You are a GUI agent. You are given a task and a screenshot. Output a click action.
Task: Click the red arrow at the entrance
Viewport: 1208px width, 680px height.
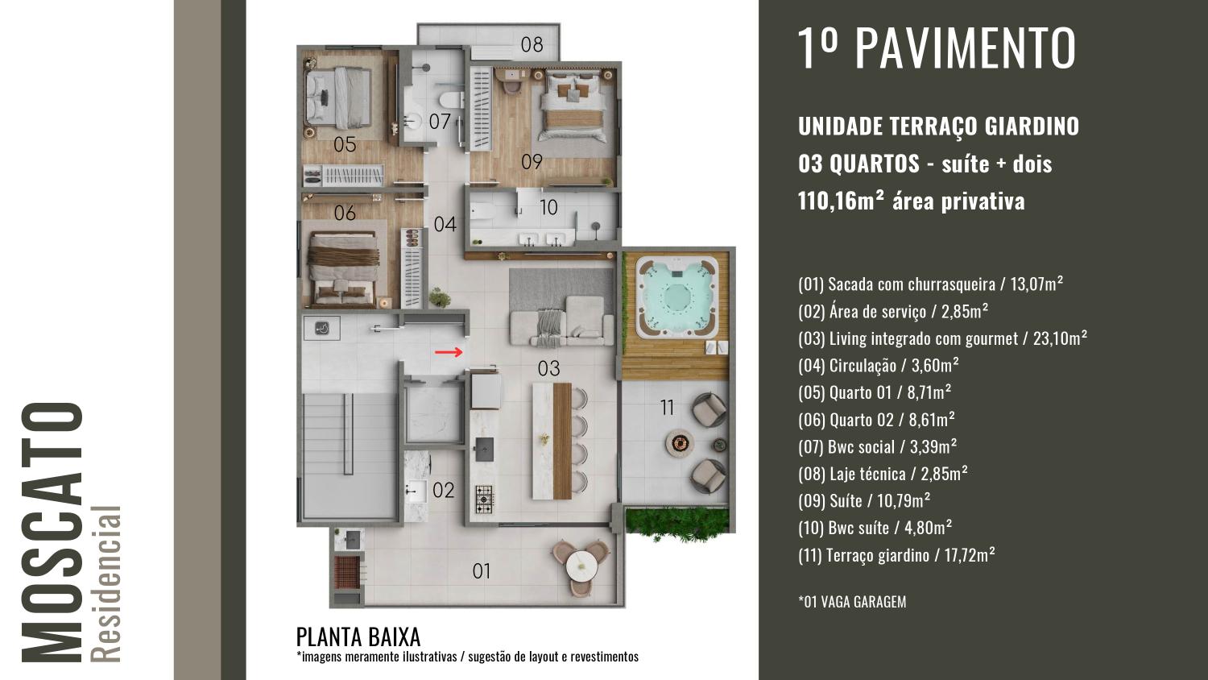[x=449, y=352]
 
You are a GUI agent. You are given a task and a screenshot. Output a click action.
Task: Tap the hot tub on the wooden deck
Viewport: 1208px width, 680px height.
[x=676, y=297]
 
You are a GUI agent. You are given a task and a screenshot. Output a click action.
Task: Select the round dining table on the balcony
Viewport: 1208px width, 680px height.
[x=581, y=567]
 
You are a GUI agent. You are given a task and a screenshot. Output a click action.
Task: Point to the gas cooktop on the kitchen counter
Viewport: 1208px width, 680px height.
[x=484, y=500]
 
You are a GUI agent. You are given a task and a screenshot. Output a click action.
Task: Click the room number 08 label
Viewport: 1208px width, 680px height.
[x=532, y=45]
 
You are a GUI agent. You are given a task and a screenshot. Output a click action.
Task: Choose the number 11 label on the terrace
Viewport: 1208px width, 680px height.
[x=667, y=408]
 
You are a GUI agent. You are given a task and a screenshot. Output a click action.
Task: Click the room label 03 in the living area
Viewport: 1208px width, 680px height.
[x=549, y=369]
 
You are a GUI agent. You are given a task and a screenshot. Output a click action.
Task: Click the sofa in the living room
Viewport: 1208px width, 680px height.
[x=561, y=321]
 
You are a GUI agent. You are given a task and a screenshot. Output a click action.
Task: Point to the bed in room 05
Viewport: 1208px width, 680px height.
[x=339, y=97]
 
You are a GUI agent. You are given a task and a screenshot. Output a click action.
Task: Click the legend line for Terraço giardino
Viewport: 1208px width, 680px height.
[x=896, y=555]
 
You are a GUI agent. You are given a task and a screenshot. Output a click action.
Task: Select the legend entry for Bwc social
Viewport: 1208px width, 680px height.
[x=878, y=446]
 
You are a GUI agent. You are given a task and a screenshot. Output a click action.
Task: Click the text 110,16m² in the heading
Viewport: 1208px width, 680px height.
[x=842, y=201]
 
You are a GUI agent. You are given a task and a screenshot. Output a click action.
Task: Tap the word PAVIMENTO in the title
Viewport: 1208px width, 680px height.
[x=966, y=48]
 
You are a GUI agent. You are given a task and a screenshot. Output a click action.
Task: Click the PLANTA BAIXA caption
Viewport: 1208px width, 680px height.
[x=358, y=637]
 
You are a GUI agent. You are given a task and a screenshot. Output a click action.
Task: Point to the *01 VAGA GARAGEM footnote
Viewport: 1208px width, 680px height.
[x=852, y=602]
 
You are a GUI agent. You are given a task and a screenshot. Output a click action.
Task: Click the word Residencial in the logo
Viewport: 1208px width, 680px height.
[x=106, y=584]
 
